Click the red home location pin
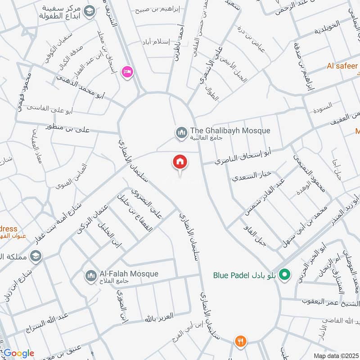(x=180, y=162)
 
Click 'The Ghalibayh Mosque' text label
(x=230, y=130)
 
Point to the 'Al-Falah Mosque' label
(x=122, y=274)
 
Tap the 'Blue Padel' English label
(x=228, y=274)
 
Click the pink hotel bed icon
(x=127, y=72)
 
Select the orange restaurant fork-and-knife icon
(x=240, y=342)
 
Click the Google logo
(x=18, y=353)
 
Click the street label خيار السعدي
(x=251, y=175)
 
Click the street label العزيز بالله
(x=159, y=318)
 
